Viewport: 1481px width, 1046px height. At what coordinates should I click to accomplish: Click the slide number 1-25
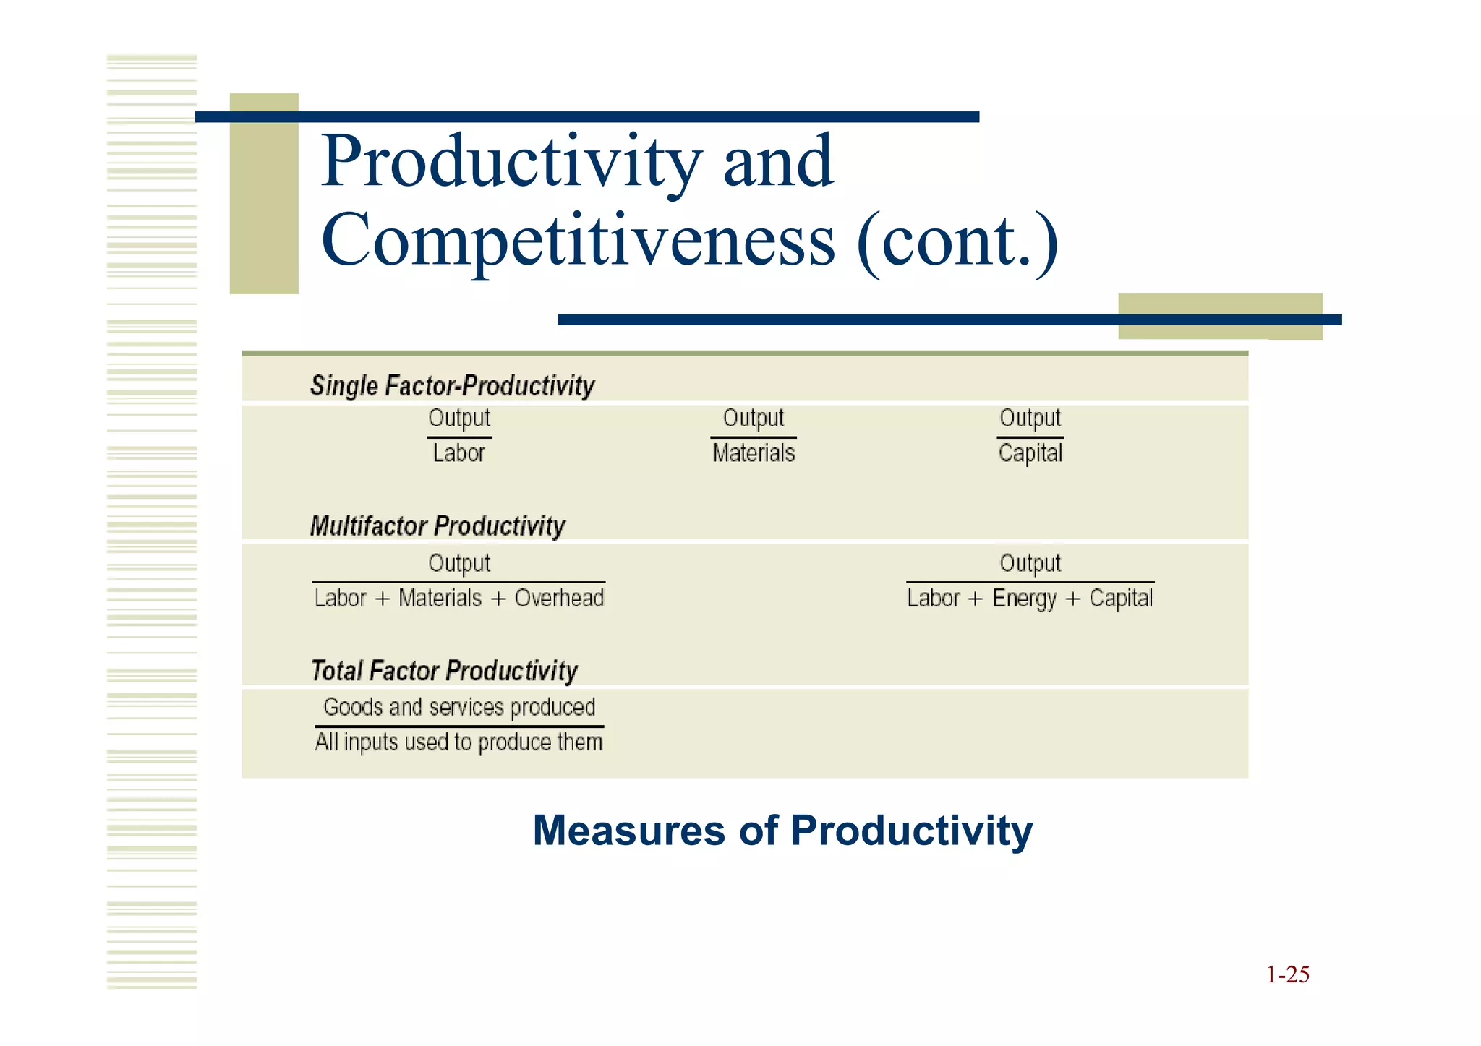pyautogui.click(x=1287, y=974)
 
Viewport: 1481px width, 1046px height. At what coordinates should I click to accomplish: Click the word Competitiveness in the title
pyautogui.click(x=577, y=241)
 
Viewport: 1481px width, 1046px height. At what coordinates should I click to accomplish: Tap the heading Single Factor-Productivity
pyautogui.click(x=452, y=385)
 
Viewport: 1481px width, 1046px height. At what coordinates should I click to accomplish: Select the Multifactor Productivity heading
pyautogui.click(x=438, y=526)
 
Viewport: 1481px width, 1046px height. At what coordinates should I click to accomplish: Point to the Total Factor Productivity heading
pyautogui.click(x=444, y=671)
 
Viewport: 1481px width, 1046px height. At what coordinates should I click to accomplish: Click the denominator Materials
pyautogui.click(x=754, y=453)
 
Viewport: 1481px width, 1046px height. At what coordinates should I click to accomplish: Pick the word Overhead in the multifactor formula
pyautogui.click(x=559, y=599)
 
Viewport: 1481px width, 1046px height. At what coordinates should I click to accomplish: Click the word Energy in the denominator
pyautogui.click(x=1025, y=599)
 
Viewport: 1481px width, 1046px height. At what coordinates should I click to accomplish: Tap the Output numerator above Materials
pyautogui.click(x=754, y=418)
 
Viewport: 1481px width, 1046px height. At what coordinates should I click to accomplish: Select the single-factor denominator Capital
pyautogui.click(x=1030, y=453)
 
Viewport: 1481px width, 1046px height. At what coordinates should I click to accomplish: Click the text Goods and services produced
pyautogui.click(x=459, y=707)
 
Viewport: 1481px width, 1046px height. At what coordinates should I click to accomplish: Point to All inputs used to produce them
pyautogui.click(x=458, y=742)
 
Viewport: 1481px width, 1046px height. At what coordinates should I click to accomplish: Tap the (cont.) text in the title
pyautogui.click(x=957, y=241)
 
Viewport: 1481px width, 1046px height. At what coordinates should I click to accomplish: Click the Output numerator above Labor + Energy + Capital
pyautogui.click(x=1030, y=563)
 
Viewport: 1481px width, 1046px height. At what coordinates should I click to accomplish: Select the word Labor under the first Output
pyautogui.click(x=458, y=453)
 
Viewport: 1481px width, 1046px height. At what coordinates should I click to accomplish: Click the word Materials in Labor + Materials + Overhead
pyautogui.click(x=440, y=599)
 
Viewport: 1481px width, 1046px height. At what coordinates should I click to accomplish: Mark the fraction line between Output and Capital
pyautogui.click(x=1030, y=437)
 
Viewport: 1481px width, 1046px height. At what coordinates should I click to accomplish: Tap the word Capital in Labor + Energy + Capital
pyautogui.click(x=1121, y=599)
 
